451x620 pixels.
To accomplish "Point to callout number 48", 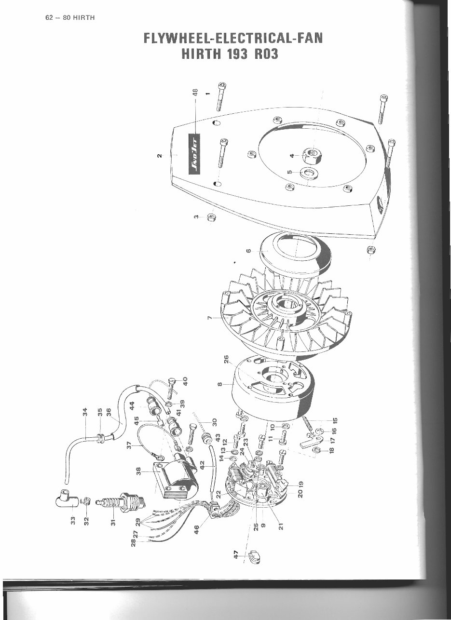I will tap(195, 92).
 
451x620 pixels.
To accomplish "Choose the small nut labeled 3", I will tap(211, 217).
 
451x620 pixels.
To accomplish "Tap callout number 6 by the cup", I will tap(248, 251).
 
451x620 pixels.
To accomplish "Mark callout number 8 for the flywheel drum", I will tap(219, 384).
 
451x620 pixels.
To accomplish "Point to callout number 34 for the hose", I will tap(85, 412).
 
